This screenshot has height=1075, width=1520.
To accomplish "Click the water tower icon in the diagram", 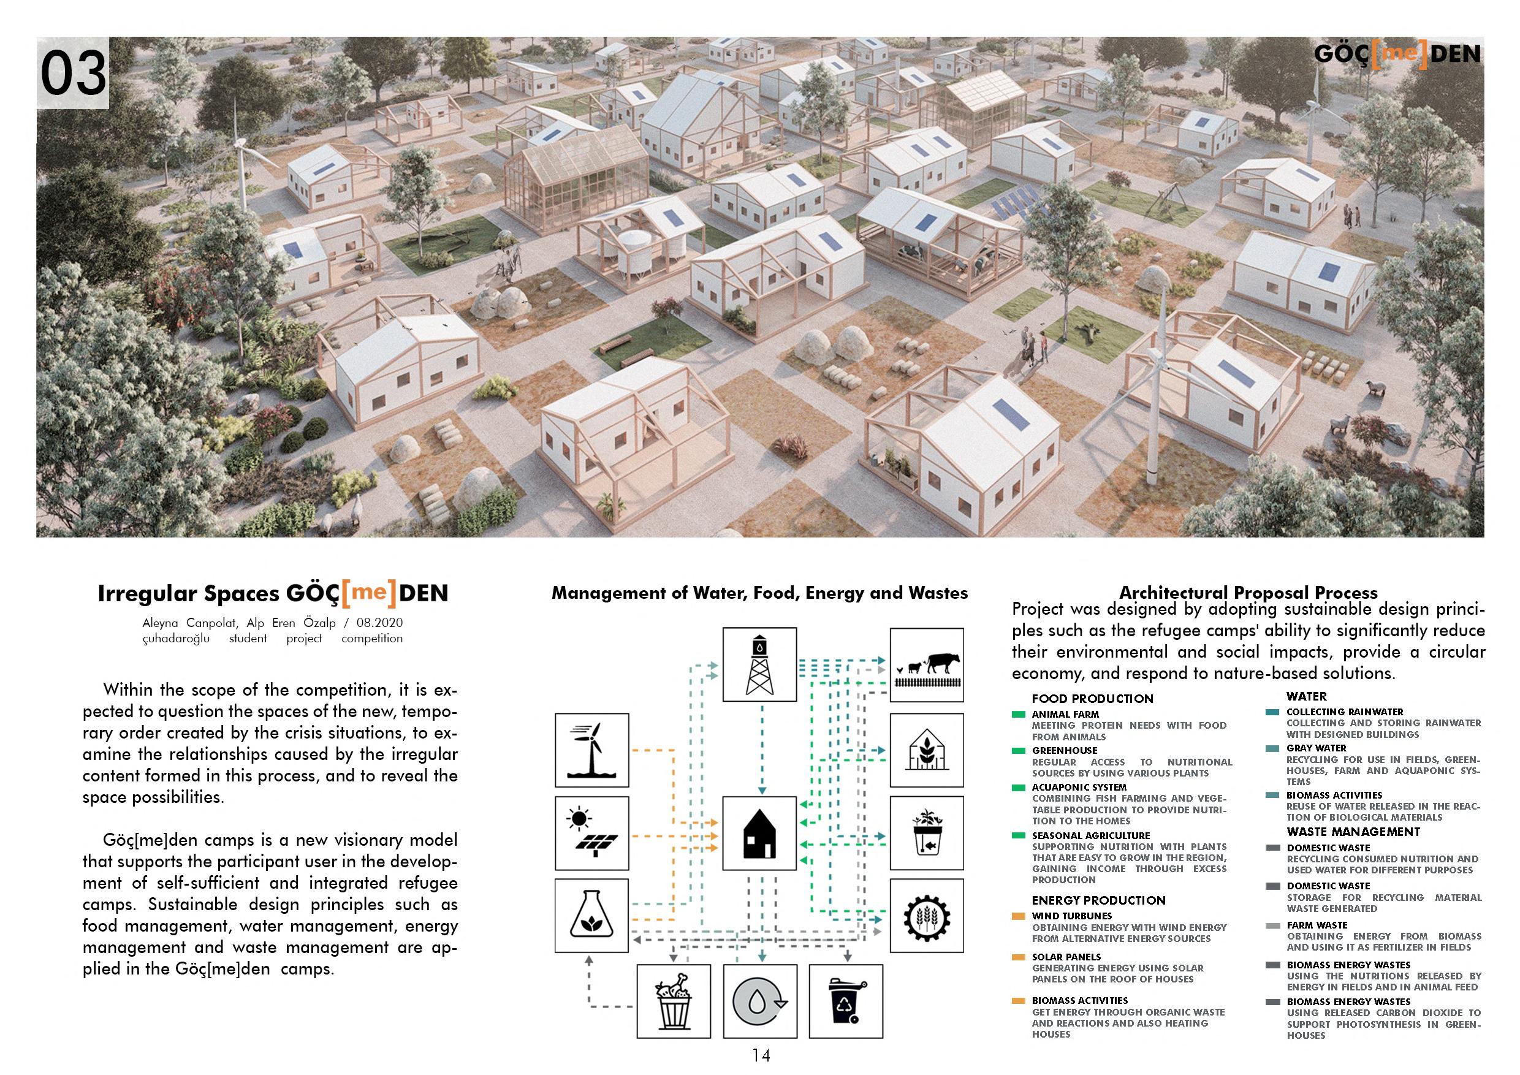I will pyautogui.click(x=759, y=664).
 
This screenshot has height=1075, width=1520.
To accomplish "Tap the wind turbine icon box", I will pyautogui.click(x=592, y=750).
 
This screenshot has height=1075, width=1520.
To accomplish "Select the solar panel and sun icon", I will pyautogui.click(x=592, y=832).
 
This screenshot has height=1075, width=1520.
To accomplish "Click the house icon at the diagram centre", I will pyautogui.click(x=759, y=832).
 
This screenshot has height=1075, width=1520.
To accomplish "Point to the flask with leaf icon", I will pyautogui.click(x=592, y=916).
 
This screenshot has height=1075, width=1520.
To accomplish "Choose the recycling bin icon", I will pyautogui.click(x=845, y=1000).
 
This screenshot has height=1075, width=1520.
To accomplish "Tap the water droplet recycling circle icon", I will pyautogui.click(x=759, y=1000).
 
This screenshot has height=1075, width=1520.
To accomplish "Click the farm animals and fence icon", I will pyautogui.click(x=926, y=664).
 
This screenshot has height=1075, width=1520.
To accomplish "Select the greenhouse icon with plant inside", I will pyautogui.click(x=926, y=750).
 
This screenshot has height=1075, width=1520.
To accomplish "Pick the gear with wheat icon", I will pyautogui.click(x=926, y=916).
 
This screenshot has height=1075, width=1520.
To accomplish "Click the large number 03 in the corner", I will pyautogui.click(x=73, y=73).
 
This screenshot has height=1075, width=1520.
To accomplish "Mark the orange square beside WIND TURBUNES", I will pyautogui.click(x=1019, y=917).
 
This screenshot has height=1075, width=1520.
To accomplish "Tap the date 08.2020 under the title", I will pyautogui.click(x=379, y=623).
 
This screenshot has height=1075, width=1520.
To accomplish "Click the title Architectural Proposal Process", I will pyautogui.click(x=1248, y=593).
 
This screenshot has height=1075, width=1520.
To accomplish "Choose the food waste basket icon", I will pyautogui.click(x=674, y=1000).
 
